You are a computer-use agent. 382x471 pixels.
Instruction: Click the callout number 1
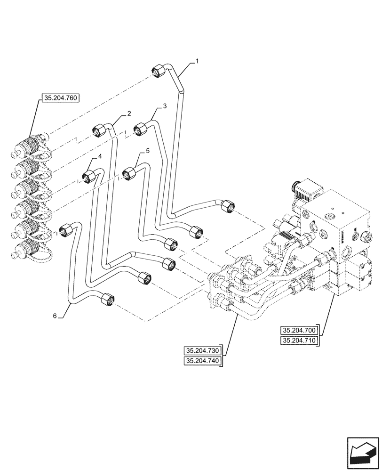tap(197, 61)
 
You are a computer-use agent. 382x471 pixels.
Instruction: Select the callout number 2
tap(128, 114)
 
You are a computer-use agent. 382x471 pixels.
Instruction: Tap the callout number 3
tap(165, 107)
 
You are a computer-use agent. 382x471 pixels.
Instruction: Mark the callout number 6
tap(55, 316)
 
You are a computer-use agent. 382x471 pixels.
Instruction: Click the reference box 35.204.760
tap(62, 98)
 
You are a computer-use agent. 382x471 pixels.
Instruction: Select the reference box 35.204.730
tap(203, 351)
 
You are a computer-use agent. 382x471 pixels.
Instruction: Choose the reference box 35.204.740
tap(203, 361)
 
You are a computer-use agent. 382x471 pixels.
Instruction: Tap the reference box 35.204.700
tap(299, 330)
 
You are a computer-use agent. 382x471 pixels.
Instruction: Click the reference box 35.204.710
tap(299, 341)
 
